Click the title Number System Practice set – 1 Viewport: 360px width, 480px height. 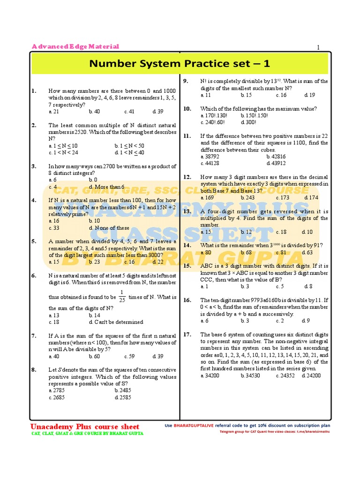point(180,63)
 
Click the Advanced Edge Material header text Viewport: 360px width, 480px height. point(75,46)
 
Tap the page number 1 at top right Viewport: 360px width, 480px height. point(318,47)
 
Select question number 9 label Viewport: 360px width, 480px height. point(186,81)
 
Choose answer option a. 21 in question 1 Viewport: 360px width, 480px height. point(53,112)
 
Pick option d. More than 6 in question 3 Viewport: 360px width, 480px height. point(106,187)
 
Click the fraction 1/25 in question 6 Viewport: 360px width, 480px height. point(122,297)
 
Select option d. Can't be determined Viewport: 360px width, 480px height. point(116,322)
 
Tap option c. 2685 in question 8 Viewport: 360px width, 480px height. point(57,397)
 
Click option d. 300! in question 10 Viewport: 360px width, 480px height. point(248,122)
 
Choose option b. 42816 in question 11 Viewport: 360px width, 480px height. point(276,157)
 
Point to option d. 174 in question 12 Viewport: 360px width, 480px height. point(311,197)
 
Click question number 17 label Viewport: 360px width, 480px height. point(187,334)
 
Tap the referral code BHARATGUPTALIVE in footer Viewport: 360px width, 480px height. point(194,426)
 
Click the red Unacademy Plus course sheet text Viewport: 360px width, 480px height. point(85,427)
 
